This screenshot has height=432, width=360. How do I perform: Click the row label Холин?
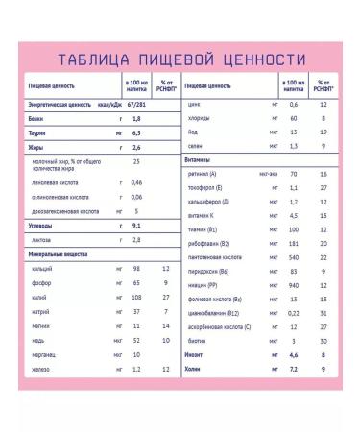[195, 343]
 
